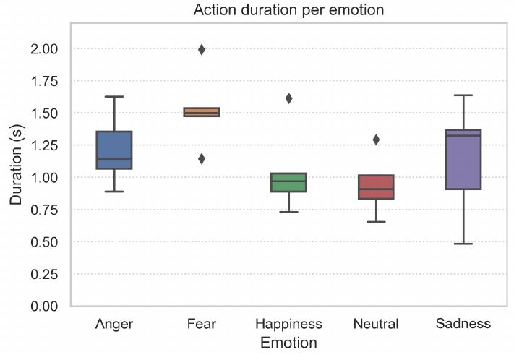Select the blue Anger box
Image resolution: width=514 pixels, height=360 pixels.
pyautogui.click(x=114, y=150)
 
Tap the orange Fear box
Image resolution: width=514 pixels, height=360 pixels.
pyautogui.click(x=201, y=112)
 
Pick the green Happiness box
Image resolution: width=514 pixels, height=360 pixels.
pyautogui.click(x=288, y=182)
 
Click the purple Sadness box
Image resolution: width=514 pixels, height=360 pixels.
pyautogui.click(x=463, y=159)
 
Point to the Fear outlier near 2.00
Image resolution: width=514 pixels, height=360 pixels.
pyautogui.click(x=202, y=50)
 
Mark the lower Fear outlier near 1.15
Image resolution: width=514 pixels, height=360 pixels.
pyautogui.click(x=202, y=158)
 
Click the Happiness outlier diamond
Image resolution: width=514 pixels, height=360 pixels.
pyautogui.click(x=288, y=98)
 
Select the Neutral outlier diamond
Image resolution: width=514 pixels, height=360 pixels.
pyautogui.click(x=376, y=140)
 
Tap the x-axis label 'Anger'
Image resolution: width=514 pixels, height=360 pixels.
pyautogui.click(x=114, y=323)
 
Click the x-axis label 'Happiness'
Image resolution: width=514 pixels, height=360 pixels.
pyautogui.click(x=288, y=323)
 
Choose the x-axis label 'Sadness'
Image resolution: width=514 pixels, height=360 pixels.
pyautogui.click(x=463, y=323)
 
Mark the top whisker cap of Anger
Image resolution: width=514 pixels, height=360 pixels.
pyautogui.click(x=114, y=96)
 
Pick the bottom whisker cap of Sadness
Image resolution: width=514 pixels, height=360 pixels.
pyautogui.click(x=463, y=244)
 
